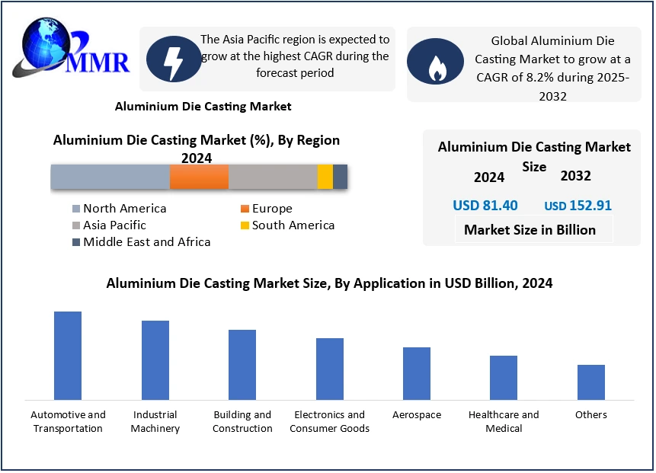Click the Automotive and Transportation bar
coord(68,356)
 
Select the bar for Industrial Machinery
coord(155,360)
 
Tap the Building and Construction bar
coord(242,365)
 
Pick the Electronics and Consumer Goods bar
coord(330,369)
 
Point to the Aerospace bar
coord(417,373)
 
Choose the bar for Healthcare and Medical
coord(504,378)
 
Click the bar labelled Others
coord(591,382)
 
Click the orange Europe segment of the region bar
coord(199,177)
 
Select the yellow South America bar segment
coord(325,177)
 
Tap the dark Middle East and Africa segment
coord(341,177)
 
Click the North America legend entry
coord(119,209)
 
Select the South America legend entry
coord(287,225)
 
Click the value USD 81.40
coord(485,206)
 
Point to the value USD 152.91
coord(578,206)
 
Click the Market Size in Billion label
coord(530,230)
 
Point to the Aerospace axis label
coord(417,415)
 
